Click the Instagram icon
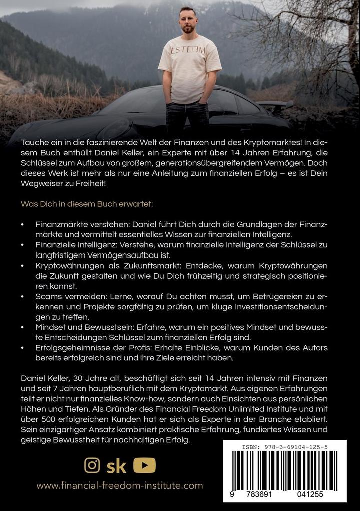(92, 465)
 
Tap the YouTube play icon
(144, 465)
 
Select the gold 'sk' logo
(117, 466)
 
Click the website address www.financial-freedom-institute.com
(119, 485)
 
